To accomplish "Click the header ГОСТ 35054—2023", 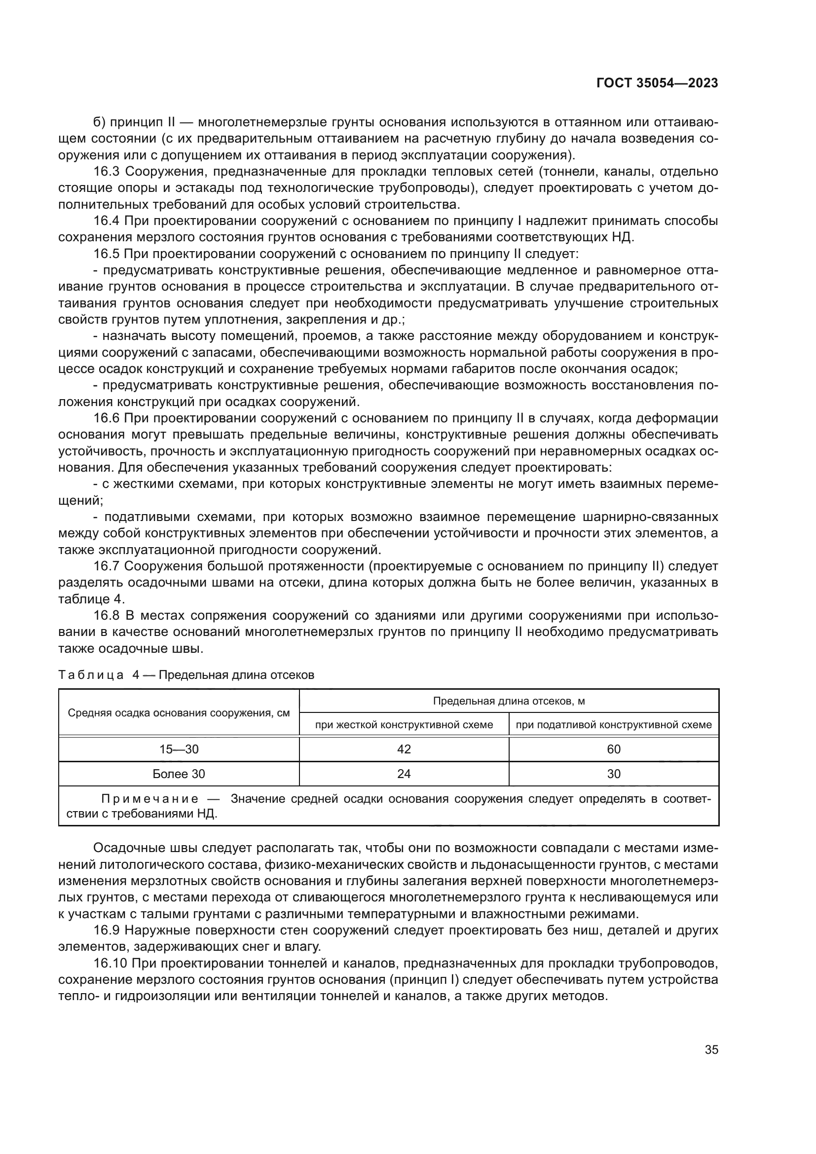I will pos(657,83).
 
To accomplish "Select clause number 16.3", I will pos(106,172).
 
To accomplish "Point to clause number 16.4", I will pos(106,221).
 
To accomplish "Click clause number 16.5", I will pos(106,254).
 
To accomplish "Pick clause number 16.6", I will pos(106,418).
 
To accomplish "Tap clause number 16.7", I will pos(106,566).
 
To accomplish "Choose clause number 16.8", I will pos(106,616).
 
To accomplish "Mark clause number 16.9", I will pos(106,931).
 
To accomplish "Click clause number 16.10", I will pos(109,964).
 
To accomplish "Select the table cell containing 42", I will pos(404,749).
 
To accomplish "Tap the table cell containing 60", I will pos(614,749).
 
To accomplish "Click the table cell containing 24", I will pos(404,774).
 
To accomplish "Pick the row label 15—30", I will pos(179,749).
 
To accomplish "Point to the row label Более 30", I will pos(179,774).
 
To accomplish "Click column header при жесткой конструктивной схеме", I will pos(404,725).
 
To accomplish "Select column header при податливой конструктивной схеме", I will pos(614,725).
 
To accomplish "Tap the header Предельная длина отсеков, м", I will pos(509,701).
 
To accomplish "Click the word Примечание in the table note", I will pos(150,799).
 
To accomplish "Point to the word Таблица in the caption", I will pos(91,675).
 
